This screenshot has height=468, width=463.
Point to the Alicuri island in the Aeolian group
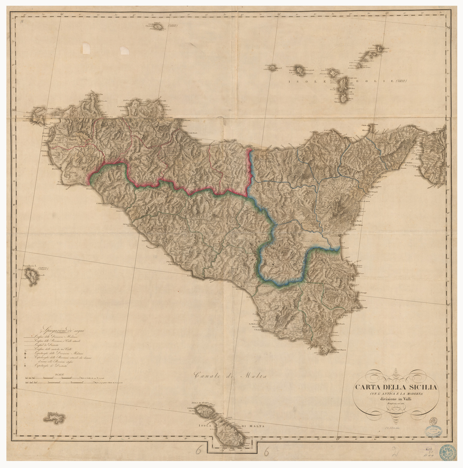click(273, 68)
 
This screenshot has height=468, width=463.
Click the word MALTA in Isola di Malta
click(254, 427)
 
